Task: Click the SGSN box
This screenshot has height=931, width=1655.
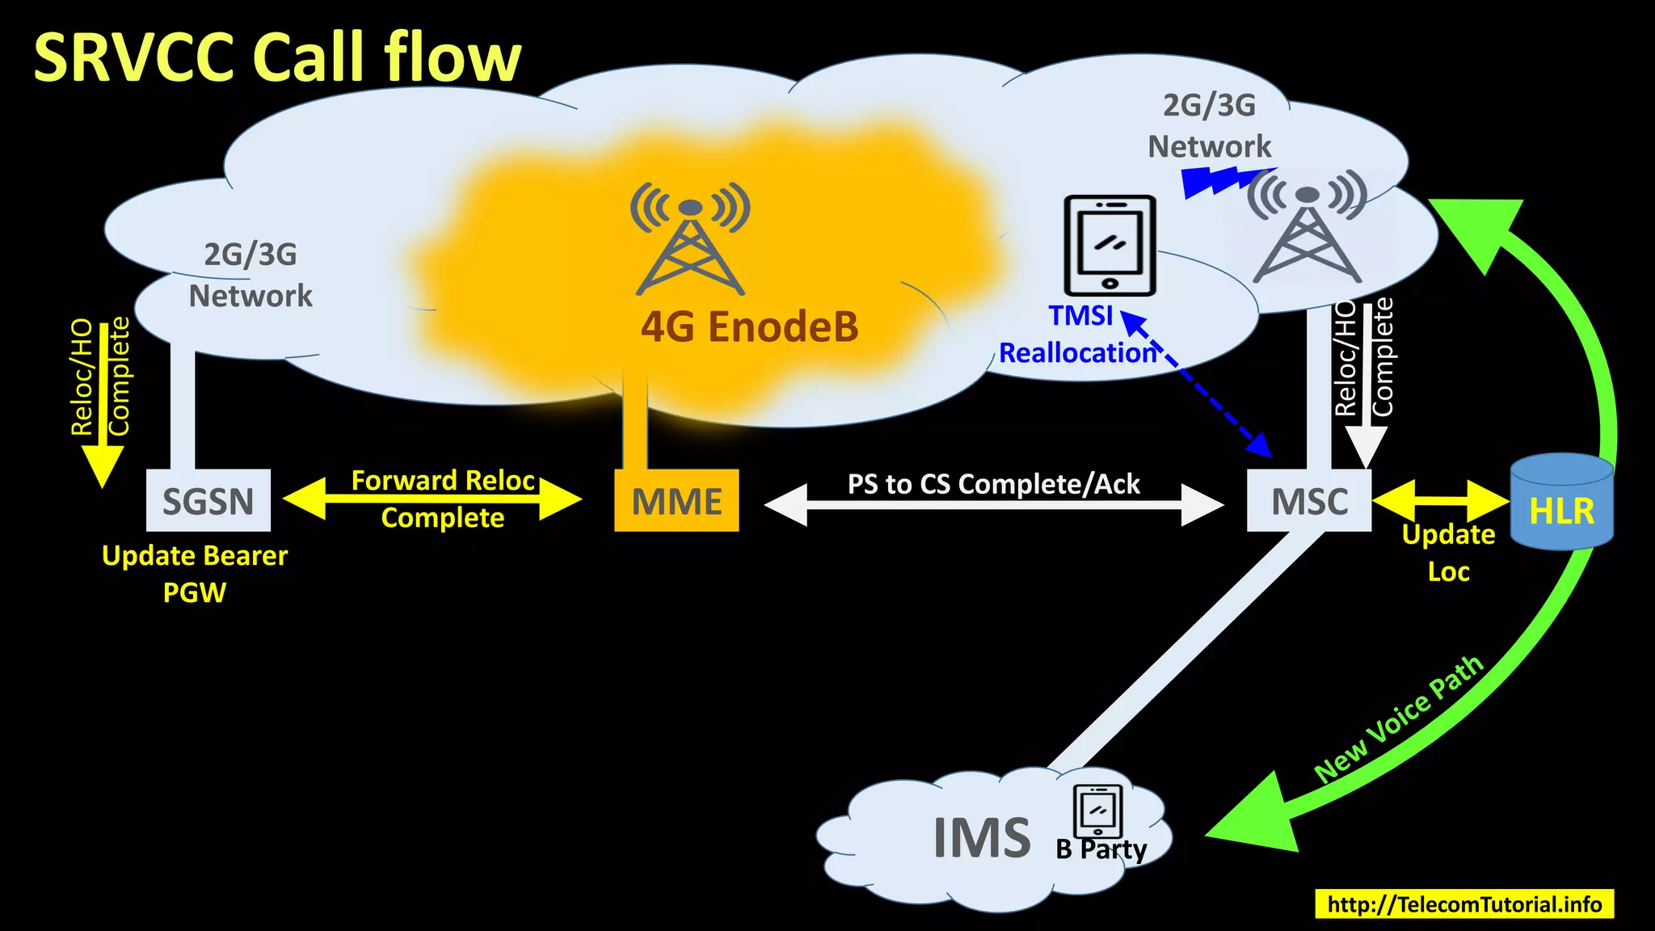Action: point(208,500)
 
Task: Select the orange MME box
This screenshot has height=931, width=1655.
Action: point(676,501)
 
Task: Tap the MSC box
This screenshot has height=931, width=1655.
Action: point(1308,501)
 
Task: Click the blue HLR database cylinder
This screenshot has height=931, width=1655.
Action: point(1561,503)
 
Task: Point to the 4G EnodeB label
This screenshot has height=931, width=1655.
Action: point(749,327)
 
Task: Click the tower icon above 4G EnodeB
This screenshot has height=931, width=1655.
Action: point(689,239)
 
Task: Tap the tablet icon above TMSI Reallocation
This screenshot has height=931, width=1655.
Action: point(1110,245)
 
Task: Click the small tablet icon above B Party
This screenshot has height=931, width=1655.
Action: point(1097,811)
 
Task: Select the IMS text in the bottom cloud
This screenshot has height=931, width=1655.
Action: point(981,838)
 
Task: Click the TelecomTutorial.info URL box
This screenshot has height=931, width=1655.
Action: point(1463,904)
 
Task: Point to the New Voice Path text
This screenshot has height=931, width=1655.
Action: point(1399,720)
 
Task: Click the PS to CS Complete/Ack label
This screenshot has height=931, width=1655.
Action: point(993,484)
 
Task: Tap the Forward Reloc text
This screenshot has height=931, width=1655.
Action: point(443,481)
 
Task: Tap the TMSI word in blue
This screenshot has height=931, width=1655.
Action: point(1080,315)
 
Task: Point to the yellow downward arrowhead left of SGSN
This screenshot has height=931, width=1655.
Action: point(103,466)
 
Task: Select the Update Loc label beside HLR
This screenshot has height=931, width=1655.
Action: point(1447,553)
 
